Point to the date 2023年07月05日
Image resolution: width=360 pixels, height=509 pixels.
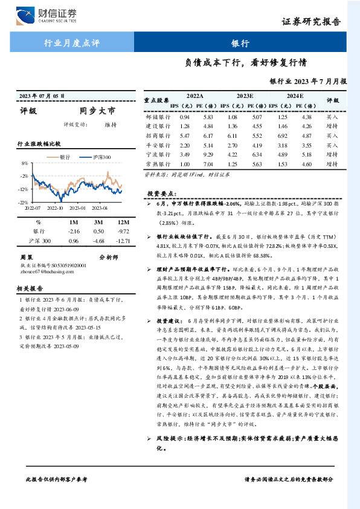42,96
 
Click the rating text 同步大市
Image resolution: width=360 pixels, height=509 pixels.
97,111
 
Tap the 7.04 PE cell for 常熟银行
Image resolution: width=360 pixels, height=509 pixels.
208,164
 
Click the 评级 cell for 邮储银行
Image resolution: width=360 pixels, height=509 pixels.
332,117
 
